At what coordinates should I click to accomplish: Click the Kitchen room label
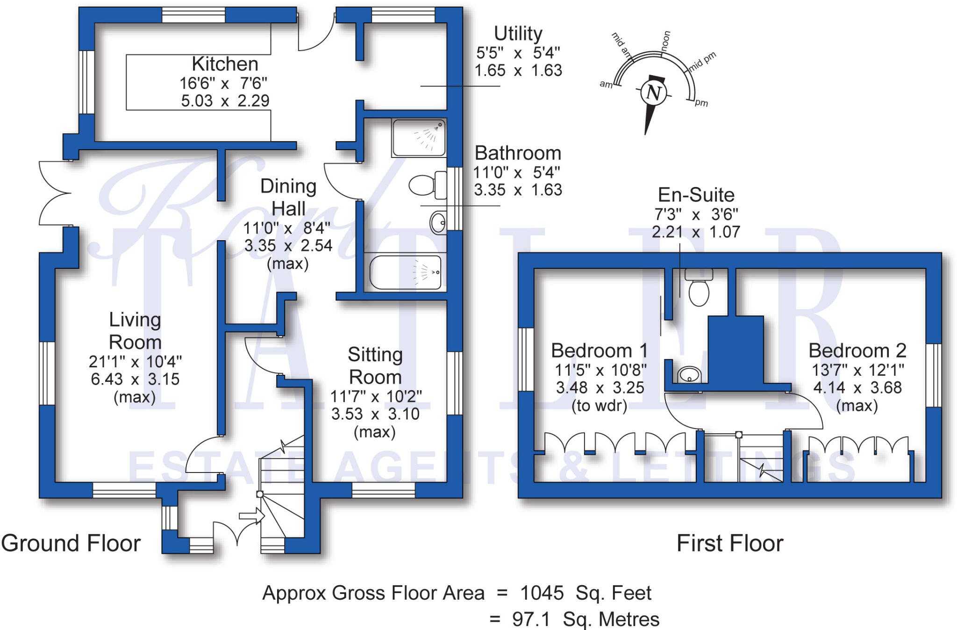point(225,64)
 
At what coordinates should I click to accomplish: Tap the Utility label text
point(518,34)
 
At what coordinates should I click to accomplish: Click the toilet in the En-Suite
point(699,287)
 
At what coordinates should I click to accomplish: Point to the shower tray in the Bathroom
point(419,137)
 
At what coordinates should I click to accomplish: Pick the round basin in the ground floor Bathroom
point(438,223)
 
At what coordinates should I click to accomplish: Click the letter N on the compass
point(653,93)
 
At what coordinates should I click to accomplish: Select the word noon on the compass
point(665,40)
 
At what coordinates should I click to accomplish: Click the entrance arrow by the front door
point(252,516)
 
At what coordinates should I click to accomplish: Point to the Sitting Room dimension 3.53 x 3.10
point(375,414)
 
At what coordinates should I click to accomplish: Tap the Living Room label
point(135,331)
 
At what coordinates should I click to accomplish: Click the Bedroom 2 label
point(857,351)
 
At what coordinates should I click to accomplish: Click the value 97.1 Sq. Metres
point(586,619)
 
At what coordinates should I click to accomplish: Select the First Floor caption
point(730,544)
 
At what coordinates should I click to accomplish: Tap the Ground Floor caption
point(71,544)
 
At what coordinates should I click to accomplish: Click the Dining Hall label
point(288,197)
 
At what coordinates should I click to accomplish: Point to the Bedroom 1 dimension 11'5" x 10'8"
point(600,370)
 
